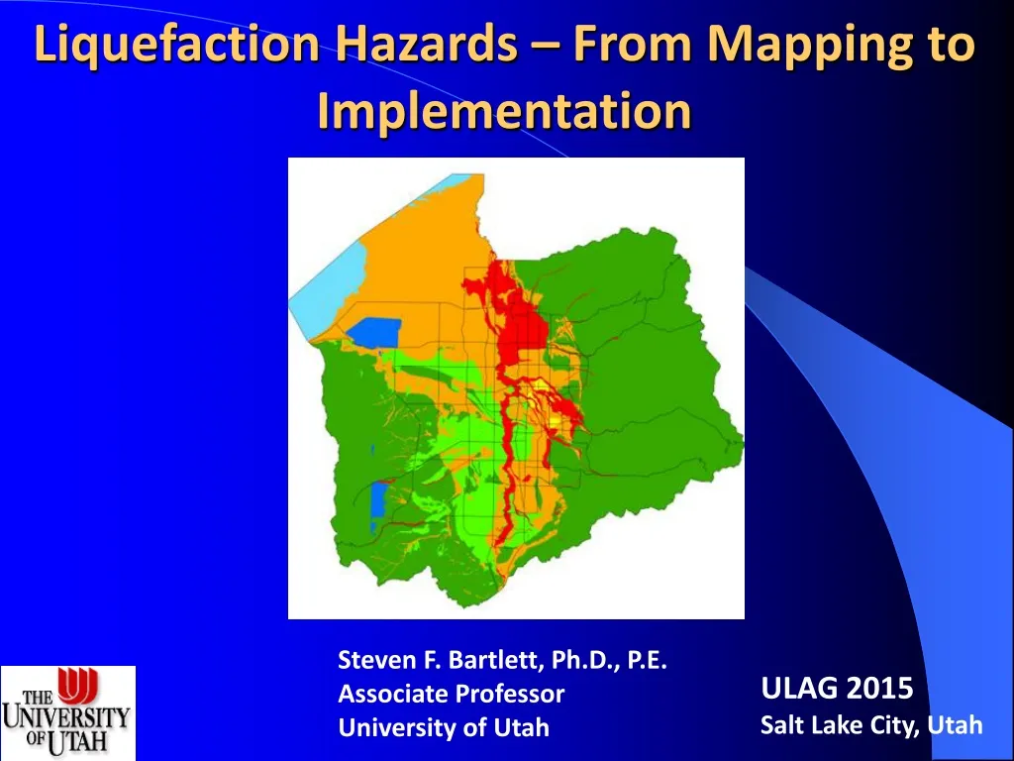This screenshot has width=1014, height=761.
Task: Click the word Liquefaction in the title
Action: click(x=177, y=47)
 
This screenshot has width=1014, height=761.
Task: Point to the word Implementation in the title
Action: click(x=504, y=111)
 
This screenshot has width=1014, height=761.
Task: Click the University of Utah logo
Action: click(x=67, y=712)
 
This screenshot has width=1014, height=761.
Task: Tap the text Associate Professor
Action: click(x=451, y=694)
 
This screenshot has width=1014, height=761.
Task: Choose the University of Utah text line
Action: click(x=443, y=727)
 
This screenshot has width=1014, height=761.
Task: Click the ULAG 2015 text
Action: click(x=837, y=687)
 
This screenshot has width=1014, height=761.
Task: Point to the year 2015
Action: click(x=878, y=687)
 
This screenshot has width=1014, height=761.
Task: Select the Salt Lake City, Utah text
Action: click(x=870, y=725)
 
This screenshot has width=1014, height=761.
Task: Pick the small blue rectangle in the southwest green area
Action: click(x=377, y=500)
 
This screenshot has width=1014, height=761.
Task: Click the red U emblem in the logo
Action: click(x=76, y=685)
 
